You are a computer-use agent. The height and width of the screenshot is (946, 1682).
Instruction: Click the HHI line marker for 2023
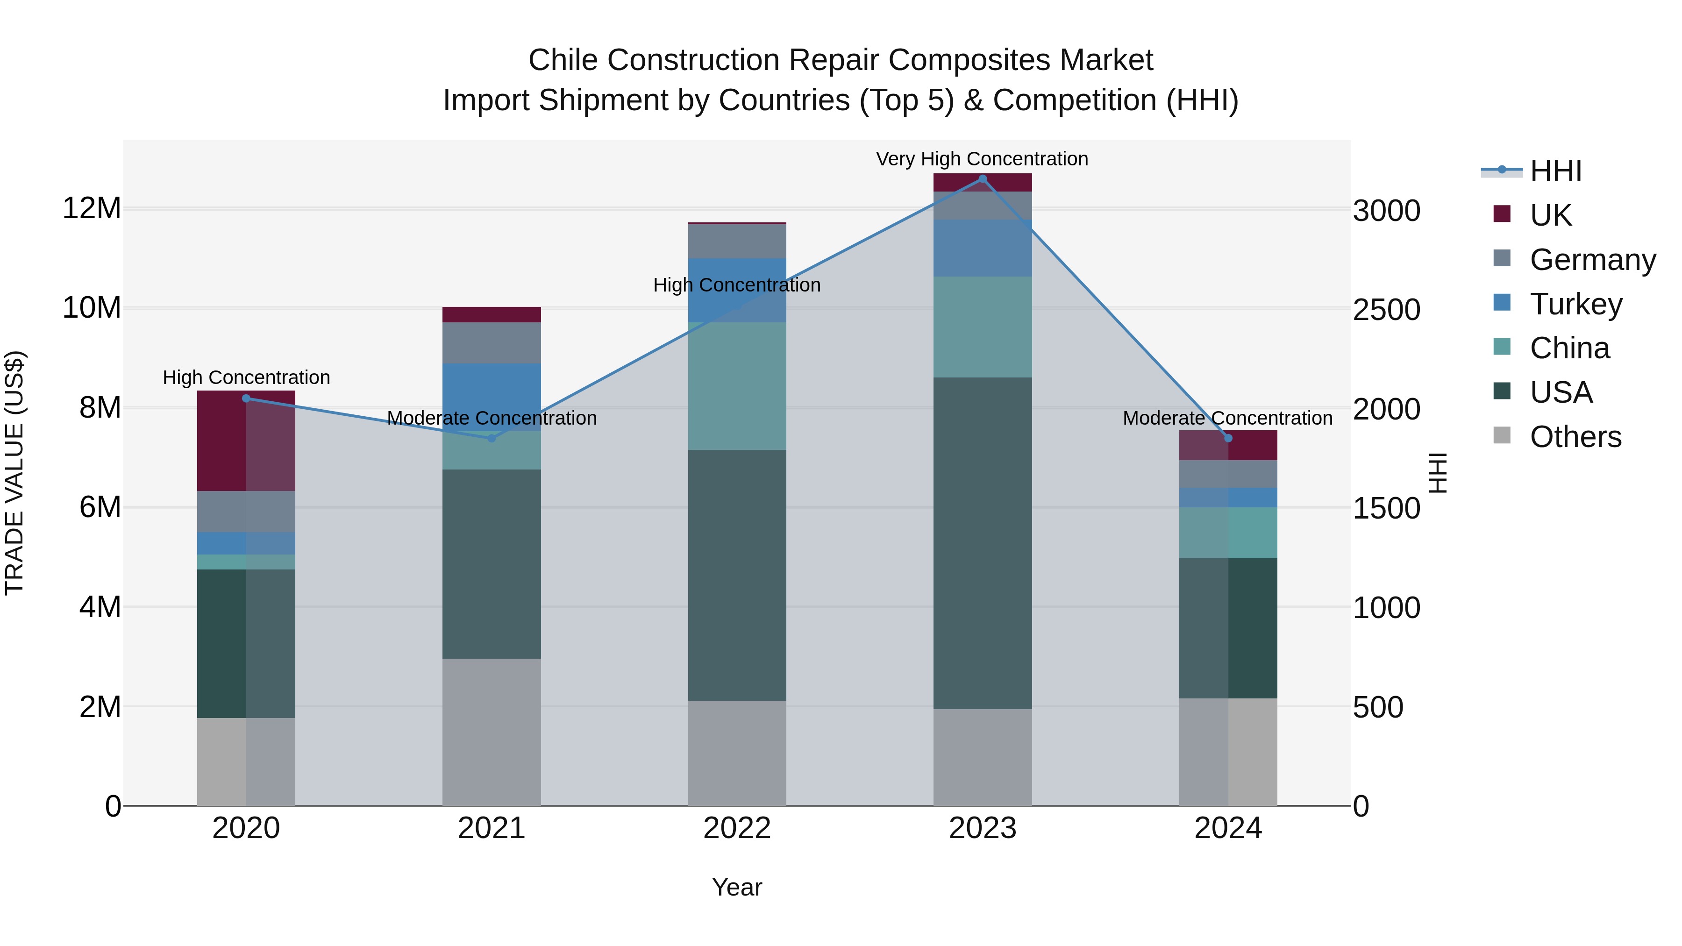982,179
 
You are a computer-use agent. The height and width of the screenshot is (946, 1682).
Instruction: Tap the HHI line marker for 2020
246,398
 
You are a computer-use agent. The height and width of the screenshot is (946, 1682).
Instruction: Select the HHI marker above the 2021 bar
492,438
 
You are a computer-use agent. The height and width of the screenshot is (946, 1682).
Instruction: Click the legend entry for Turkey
1575,304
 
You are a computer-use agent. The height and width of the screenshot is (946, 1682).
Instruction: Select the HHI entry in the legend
1555,171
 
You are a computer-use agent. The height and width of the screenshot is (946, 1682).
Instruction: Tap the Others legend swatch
1502,435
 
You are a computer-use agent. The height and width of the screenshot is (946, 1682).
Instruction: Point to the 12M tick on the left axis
92,208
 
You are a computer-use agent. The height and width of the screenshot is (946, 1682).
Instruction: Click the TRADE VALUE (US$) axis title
14,473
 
